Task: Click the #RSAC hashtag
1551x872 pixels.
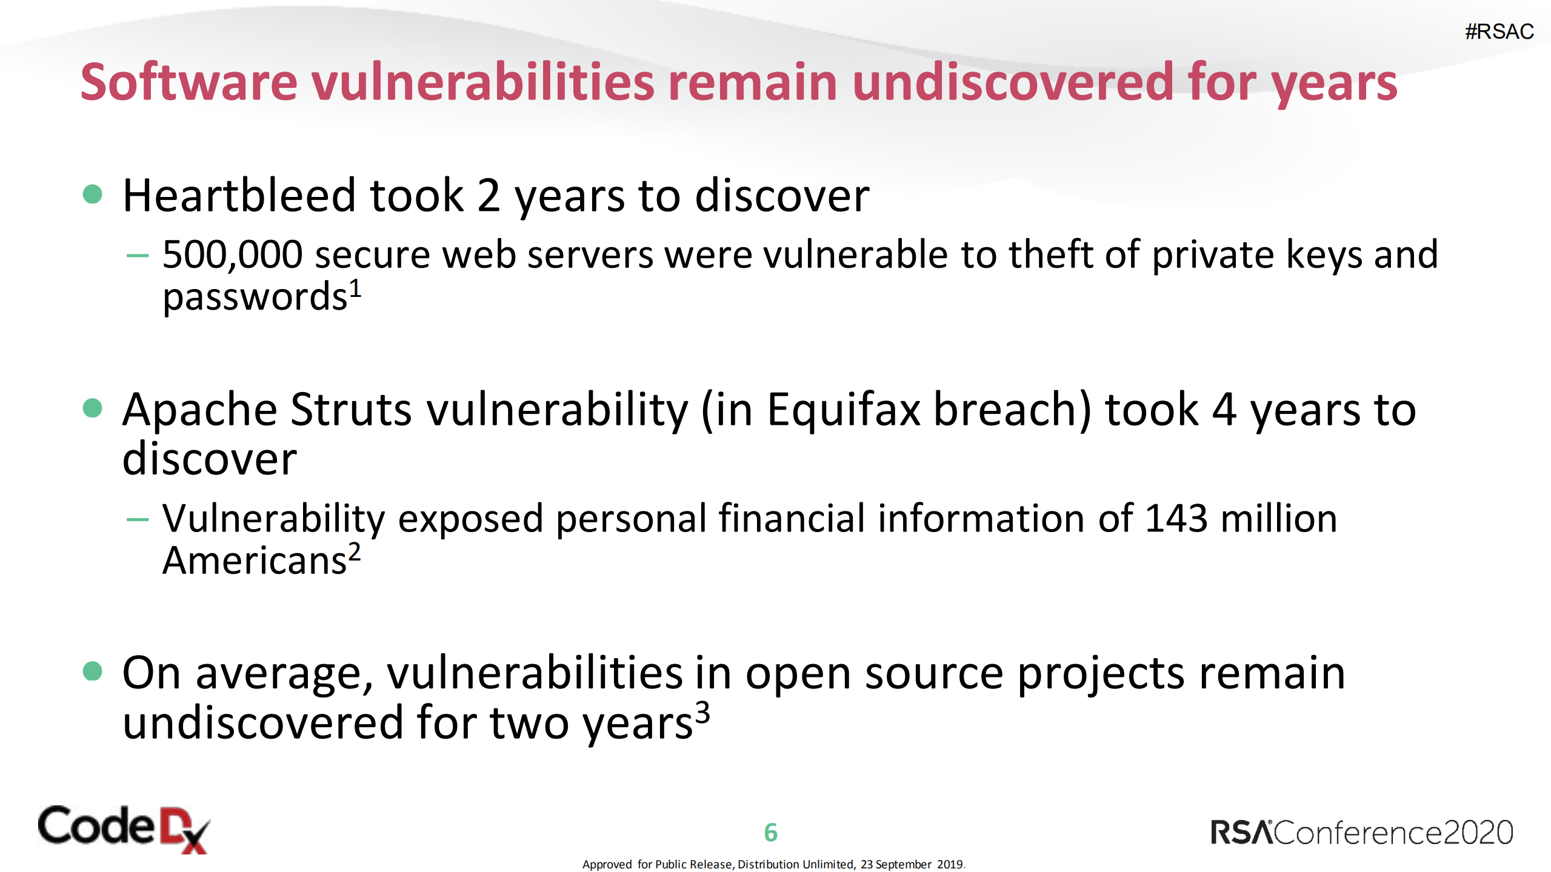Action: click(1499, 32)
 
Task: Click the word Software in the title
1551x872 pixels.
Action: click(188, 82)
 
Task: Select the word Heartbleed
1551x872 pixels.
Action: click(239, 196)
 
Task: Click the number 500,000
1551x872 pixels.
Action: click(232, 255)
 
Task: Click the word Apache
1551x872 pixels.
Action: click(200, 410)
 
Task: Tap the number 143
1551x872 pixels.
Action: click(1176, 519)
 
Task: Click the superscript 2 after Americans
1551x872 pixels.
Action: click(354, 552)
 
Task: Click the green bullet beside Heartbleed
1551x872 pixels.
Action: click(92, 195)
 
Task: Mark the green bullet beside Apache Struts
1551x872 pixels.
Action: click(92, 408)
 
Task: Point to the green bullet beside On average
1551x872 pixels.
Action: click(92, 671)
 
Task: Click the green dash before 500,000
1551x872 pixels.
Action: click(138, 256)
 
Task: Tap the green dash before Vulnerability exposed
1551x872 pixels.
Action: click(138, 519)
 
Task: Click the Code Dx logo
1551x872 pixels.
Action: click(124, 829)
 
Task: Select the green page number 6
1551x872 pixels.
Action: click(770, 833)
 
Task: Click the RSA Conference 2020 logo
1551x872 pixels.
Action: click(1361, 833)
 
